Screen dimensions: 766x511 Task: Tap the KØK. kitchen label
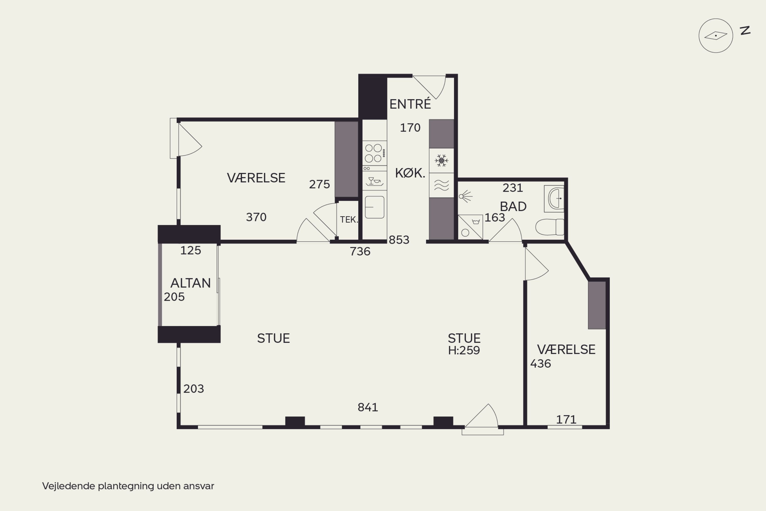click(x=410, y=173)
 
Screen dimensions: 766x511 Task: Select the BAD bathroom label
click(x=513, y=207)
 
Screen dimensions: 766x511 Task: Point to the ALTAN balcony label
click(x=190, y=283)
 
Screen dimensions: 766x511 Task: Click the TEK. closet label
click(x=349, y=220)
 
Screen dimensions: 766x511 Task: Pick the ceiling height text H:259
click(x=464, y=350)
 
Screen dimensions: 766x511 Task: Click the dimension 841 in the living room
click(x=368, y=407)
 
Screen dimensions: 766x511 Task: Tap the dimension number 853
click(x=399, y=240)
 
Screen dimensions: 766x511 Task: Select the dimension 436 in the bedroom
click(x=541, y=363)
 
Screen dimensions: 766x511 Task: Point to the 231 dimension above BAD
click(x=513, y=188)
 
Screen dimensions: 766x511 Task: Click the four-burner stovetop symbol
click(x=375, y=153)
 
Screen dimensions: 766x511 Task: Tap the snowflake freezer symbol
click(x=441, y=161)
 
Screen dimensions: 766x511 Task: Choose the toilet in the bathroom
click(x=549, y=227)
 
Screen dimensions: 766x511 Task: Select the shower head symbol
click(x=465, y=196)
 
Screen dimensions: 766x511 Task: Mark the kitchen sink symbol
click(x=375, y=207)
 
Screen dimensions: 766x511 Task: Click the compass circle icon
click(x=716, y=36)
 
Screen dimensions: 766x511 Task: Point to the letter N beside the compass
click(x=745, y=31)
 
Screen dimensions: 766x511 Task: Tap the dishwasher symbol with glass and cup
click(x=375, y=181)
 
